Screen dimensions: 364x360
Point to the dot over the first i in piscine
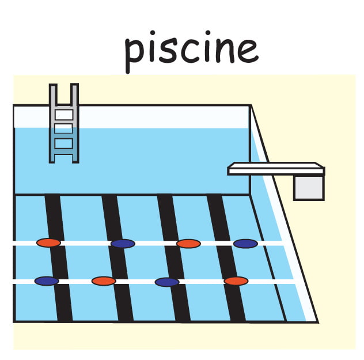152,32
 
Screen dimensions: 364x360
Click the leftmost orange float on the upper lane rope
48,243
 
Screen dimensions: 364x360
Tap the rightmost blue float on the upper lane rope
245,244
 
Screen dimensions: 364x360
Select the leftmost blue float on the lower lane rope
47,281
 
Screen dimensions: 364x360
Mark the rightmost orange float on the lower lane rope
236,281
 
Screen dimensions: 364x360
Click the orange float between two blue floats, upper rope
188,244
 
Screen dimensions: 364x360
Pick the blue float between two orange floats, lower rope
167,282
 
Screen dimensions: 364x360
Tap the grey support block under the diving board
309,188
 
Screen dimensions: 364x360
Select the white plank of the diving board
276,169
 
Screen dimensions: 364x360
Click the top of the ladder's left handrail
53,85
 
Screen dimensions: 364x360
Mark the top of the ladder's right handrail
74,85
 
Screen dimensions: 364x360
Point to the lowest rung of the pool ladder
64,151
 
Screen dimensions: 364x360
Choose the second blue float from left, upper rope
245,244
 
